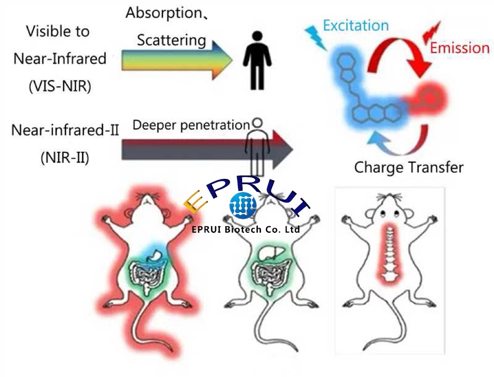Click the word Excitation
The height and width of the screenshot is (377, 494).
[356, 25]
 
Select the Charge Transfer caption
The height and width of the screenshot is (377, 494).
[409, 167]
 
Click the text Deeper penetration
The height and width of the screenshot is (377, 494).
[191, 125]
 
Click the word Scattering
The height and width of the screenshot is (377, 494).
[171, 40]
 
